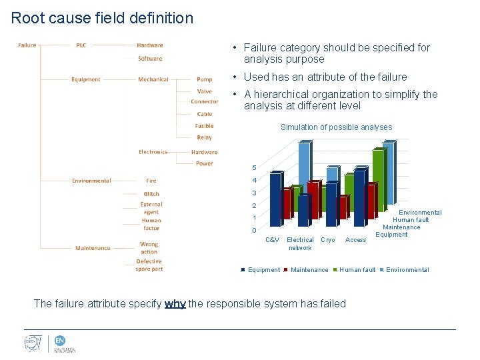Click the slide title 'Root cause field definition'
point(102,18)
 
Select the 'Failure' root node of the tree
point(27,45)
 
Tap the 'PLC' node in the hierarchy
point(81,45)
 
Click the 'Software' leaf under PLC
point(150,59)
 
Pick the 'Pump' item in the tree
point(204,79)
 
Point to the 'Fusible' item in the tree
point(204,126)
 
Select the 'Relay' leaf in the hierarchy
point(204,137)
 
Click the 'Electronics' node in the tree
point(153,152)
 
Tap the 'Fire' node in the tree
point(151,181)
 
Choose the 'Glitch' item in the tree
point(151,194)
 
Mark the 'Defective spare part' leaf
point(149,265)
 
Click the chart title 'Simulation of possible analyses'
point(336,127)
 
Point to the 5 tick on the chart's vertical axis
point(254,167)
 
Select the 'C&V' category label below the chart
point(272,240)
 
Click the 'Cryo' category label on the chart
point(328,240)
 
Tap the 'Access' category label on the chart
point(355,240)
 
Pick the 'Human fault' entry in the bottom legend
point(357,270)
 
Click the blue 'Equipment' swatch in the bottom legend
point(243,270)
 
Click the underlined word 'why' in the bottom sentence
point(175,304)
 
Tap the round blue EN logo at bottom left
point(60,341)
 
